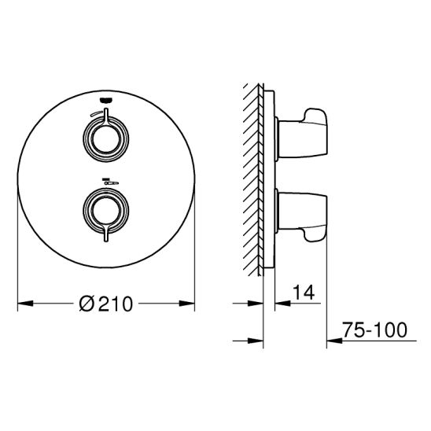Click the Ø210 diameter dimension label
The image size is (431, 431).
point(106,304)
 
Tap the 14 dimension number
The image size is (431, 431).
point(303,293)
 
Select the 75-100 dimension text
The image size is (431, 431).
point(375,330)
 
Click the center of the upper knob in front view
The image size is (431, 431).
point(106,139)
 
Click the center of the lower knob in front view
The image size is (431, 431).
point(106,211)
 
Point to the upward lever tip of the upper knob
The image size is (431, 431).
point(106,109)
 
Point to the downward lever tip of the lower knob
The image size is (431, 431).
point(106,241)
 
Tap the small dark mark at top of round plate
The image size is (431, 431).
point(106,100)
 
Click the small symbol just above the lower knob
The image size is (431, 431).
point(110,182)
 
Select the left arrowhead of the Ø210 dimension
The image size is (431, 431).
point(25,304)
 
